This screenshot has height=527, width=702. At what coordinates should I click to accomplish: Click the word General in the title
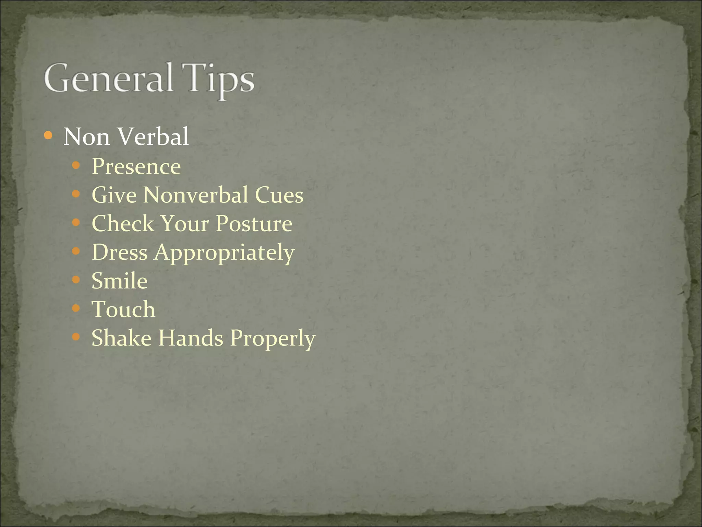point(108,78)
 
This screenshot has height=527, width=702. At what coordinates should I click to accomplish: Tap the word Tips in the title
point(218,80)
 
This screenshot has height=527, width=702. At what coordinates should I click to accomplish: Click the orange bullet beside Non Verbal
point(48,136)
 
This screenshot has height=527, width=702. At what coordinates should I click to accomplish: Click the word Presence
point(136,166)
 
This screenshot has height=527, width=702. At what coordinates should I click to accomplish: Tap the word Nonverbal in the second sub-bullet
point(195,195)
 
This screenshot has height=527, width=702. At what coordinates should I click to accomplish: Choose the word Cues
point(279,195)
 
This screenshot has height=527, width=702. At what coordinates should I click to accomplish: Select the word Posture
point(254,224)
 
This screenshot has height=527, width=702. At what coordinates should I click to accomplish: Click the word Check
point(123,224)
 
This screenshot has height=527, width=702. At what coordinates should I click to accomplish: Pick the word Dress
point(120,252)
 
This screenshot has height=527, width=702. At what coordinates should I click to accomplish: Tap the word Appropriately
point(224,253)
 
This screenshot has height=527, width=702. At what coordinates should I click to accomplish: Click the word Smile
point(119,281)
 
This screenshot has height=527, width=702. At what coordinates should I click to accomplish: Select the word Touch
point(123,309)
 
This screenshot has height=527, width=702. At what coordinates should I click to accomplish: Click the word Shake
point(121,338)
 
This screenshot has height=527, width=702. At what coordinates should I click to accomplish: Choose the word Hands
point(191,338)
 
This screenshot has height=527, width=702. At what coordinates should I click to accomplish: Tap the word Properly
point(273,339)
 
